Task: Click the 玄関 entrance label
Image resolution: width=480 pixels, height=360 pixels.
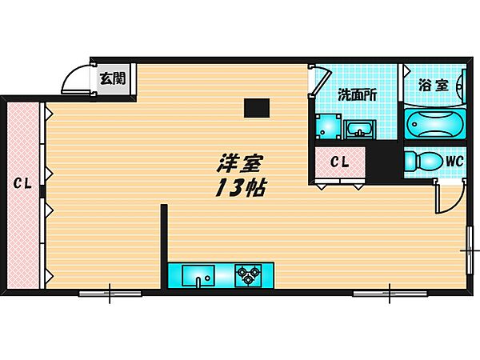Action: tap(113, 78)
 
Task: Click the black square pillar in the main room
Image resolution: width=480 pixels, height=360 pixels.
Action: tap(257, 107)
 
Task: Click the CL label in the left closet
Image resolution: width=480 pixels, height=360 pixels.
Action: tap(22, 184)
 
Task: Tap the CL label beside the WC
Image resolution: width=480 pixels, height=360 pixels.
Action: tap(340, 162)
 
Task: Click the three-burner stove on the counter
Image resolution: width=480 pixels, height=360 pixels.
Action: tap(248, 276)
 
